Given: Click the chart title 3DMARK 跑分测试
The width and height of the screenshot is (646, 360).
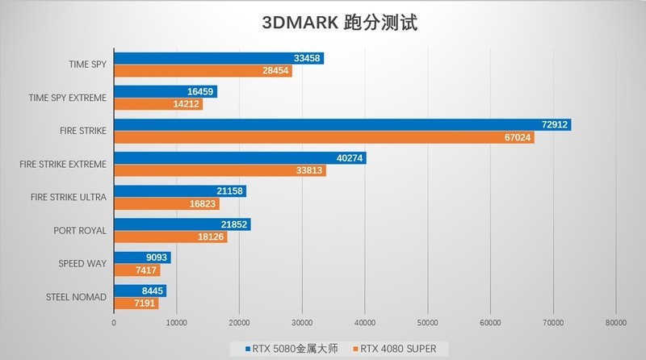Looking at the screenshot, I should pos(339,23).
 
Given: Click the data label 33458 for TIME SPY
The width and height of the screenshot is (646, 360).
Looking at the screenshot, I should pos(307,58).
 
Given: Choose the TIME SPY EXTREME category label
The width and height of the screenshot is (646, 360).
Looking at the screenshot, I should pos(67,98).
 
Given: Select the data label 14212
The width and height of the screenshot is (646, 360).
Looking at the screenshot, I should pos(187,104).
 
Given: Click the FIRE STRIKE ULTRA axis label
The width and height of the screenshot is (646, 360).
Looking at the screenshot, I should pos(68,197).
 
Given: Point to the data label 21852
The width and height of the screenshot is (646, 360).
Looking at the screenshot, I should pos(234,224).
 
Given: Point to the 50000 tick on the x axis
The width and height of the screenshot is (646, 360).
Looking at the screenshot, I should pos(427,323).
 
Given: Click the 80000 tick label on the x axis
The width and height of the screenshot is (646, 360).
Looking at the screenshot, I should pos(615,323).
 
